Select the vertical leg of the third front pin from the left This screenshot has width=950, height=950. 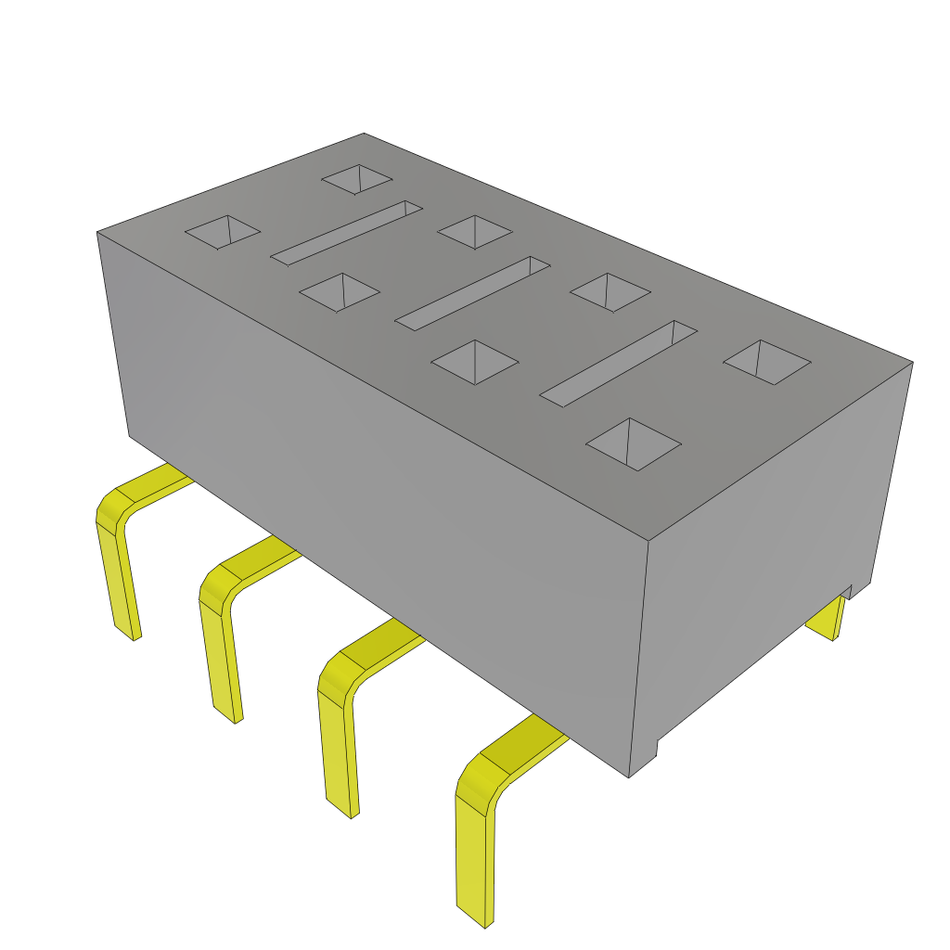tap(339, 751)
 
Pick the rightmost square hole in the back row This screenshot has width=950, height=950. tap(766, 361)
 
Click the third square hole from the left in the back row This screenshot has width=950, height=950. tap(610, 291)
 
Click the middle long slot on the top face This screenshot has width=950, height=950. tap(473, 291)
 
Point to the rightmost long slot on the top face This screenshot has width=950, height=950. tap(619, 363)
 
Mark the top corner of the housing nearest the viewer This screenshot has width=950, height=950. tap(647, 538)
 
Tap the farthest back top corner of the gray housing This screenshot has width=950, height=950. tap(364, 134)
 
